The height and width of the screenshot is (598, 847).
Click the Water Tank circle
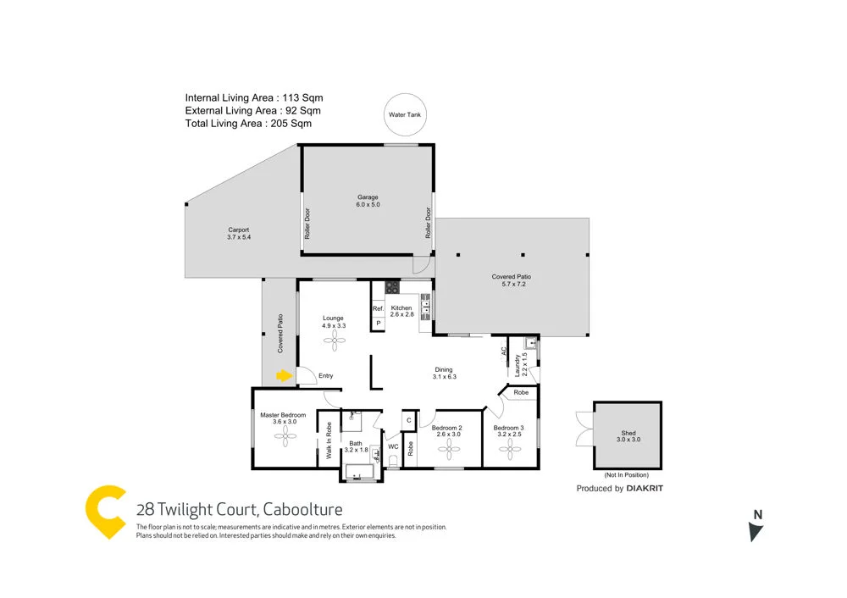coord(405,114)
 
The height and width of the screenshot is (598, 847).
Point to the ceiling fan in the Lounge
coord(333,339)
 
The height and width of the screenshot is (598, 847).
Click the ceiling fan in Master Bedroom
coord(283,435)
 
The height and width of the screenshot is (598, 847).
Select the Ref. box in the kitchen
coord(378,308)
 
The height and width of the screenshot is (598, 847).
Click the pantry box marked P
coord(378,324)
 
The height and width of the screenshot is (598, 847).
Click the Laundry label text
coord(516,366)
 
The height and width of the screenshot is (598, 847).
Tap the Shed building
coord(628,434)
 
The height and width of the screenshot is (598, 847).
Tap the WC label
coord(393,446)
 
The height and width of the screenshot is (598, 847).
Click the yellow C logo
coord(107,511)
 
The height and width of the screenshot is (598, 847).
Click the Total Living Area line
coord(248,123)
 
